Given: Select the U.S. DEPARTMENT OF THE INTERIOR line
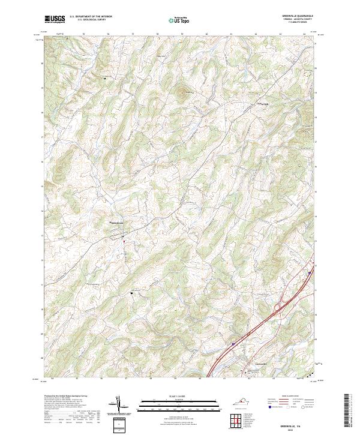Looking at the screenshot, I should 91,17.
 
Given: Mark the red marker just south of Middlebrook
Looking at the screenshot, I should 124,241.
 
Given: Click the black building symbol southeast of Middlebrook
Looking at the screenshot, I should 131,293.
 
